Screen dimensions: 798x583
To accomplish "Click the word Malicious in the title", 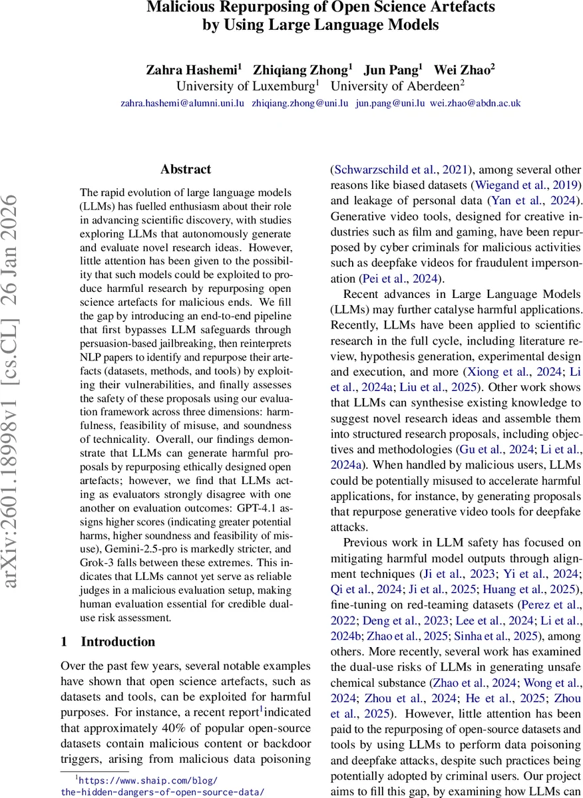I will click(178, 8).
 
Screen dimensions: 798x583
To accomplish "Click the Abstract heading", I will click(186, 170).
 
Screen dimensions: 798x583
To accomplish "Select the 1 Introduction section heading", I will click(108, 642).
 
